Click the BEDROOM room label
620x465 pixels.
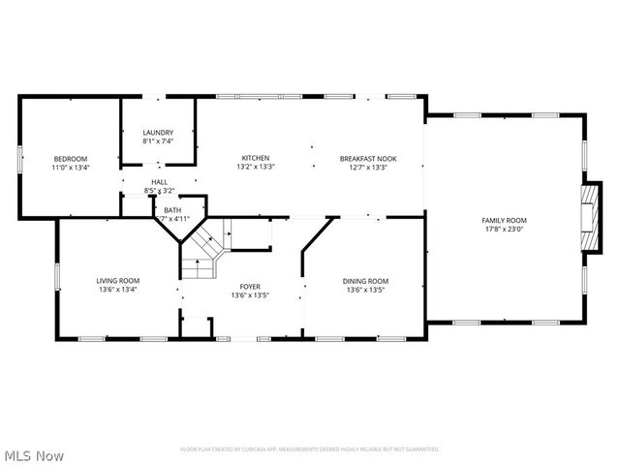click(x=70, y=159)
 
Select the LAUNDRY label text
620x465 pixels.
click(x=158, y=133)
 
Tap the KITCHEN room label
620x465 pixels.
click(x=256, y=158)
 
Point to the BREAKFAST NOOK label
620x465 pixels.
click(x=367, y=158)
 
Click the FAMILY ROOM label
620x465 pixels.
click(x=504, y=220)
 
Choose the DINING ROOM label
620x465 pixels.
click(x=366, y=281)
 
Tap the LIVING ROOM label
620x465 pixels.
click(x=117, y=281)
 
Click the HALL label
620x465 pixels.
click(x=159, y=182)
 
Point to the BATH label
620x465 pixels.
click(x=171, y=210)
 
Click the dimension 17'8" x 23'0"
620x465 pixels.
click(x=504, y=230)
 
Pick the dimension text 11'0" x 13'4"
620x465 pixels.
click(x=70, y=168)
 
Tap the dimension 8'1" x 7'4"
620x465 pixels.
click(x=158, y=141)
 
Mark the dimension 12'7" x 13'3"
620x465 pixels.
click(x=367, y=167)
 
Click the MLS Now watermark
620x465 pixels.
click(x=35, y=454)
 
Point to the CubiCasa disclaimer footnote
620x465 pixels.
click(x=310, y=449)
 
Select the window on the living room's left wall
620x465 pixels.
click(x=57, y=276)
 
